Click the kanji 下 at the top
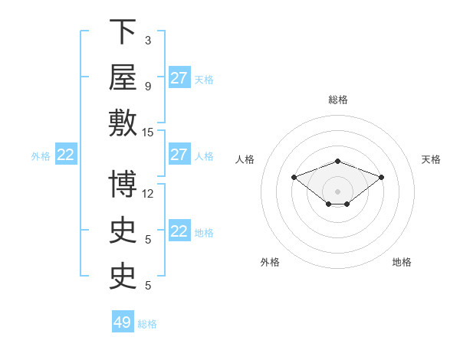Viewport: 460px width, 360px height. [123, 31]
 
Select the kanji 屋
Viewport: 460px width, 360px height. [123, 77]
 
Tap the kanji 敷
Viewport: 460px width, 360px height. [123, 123]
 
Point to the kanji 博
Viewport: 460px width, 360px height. [123, 184]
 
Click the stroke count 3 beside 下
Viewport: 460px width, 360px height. [148, 41]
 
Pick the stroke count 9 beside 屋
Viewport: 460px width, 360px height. [148, 87]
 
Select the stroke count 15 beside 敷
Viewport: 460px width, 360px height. [147, 133]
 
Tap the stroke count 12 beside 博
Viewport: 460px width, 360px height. [147, 194]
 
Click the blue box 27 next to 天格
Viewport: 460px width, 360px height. [179, 77]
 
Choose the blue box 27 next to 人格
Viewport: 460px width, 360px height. [179, 154]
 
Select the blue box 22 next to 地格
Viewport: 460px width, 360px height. [179, 230]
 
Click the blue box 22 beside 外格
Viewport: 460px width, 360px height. [66, 154]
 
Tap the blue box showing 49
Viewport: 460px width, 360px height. [123, 321]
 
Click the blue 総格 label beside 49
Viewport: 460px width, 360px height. [147, 324]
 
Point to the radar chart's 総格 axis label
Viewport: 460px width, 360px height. [338, 100]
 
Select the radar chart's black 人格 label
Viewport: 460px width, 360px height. [245, 159]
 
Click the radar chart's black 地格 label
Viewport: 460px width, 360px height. [402, 262]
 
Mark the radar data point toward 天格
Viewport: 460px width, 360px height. [381, 178]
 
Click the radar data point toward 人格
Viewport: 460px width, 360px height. [294, 178]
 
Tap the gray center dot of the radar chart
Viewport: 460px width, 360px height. [337, 191]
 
